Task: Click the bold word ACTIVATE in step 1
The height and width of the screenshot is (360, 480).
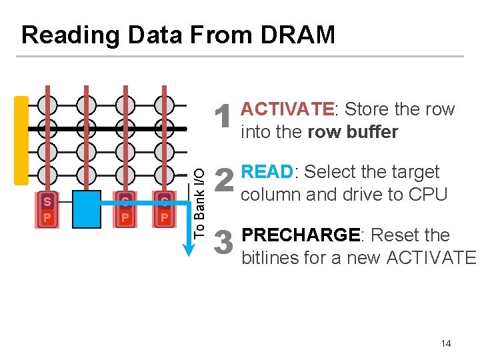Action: click(287, 109)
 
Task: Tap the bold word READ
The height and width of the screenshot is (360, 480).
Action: click(267, 172)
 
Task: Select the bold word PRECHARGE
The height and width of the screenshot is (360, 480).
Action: click(300, 235)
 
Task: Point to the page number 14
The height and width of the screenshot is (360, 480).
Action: click(446, 343)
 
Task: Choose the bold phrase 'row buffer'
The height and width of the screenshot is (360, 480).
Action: click(353, 132)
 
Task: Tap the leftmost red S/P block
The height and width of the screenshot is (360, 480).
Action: click(47, 209)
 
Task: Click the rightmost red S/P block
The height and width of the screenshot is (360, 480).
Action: click(163, 209)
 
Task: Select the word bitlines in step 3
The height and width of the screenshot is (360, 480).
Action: click(270, 257)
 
